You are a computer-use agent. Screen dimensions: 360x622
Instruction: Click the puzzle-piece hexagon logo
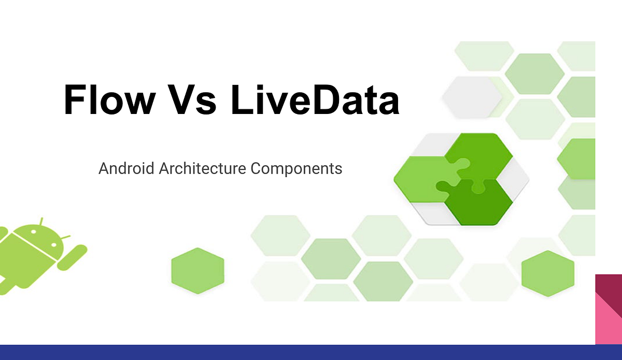coord(461,179)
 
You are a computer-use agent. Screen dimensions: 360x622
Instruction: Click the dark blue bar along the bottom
coord(311,352)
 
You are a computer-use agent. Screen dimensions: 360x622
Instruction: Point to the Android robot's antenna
coord(41,222)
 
